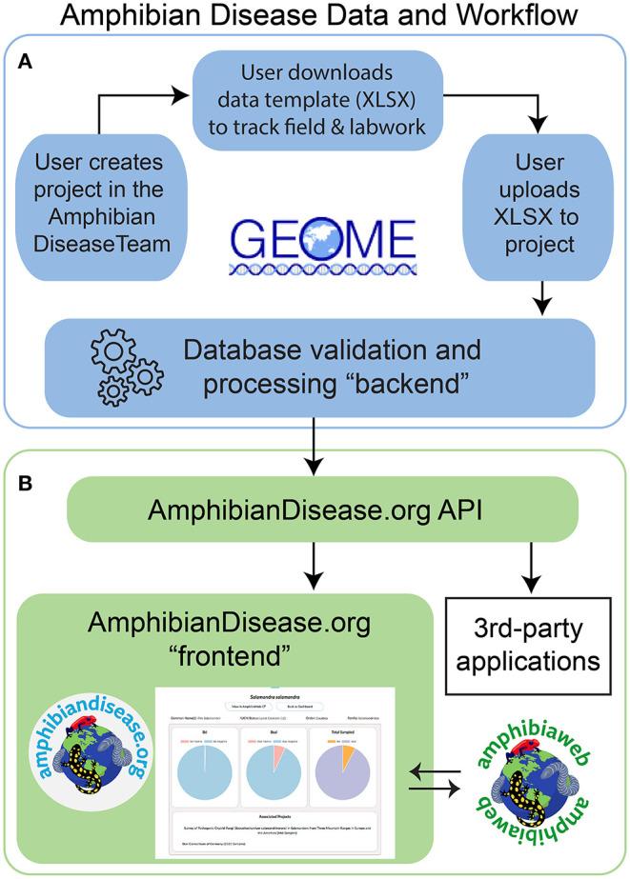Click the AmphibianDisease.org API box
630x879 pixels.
click(310, 509)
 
